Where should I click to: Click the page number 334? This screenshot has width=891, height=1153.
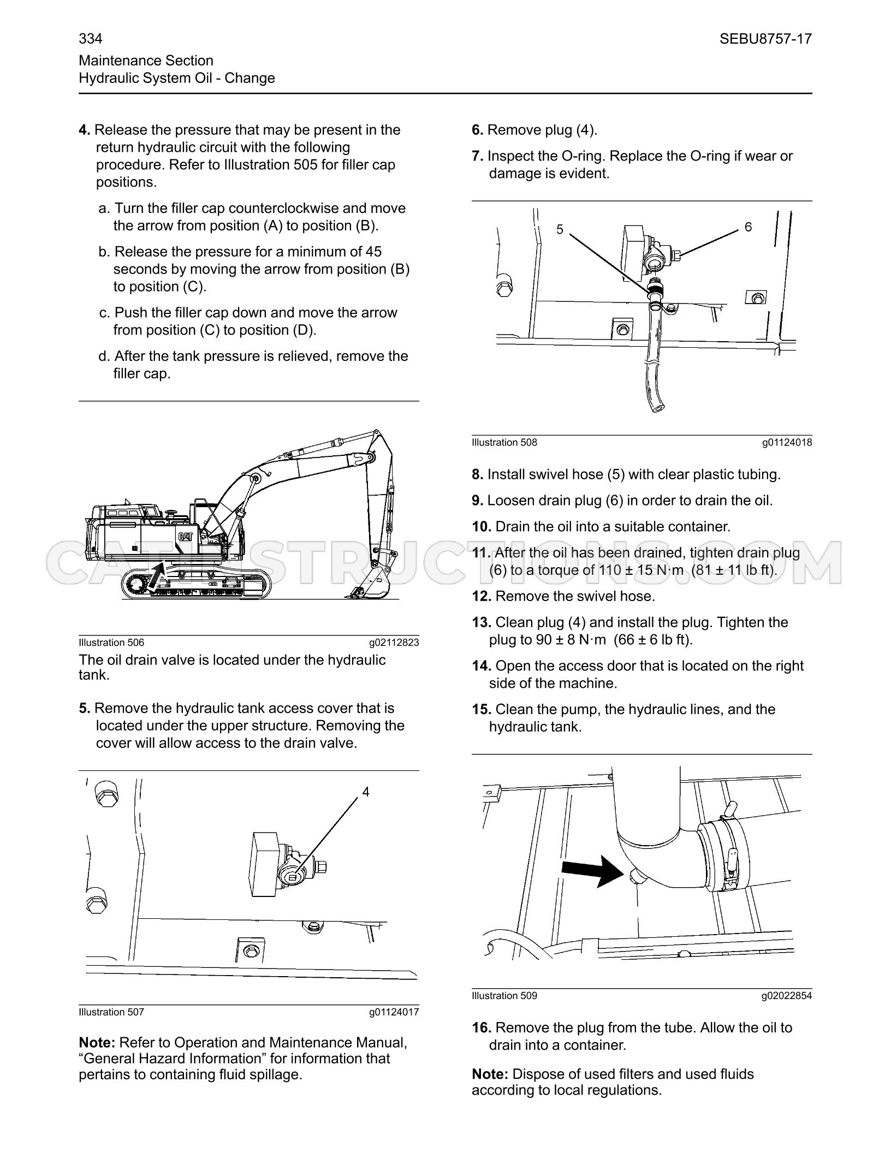[x=91, y=39]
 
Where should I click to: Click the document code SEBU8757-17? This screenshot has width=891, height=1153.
[x=765, y=39]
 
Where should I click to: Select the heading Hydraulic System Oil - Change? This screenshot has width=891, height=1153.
[x=177, y=78]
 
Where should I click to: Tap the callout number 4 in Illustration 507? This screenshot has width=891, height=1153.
[x=366, y=792]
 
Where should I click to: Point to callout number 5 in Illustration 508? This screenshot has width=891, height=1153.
[x=560, y=230]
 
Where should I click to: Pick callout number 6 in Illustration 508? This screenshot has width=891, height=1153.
[x=748, y=227]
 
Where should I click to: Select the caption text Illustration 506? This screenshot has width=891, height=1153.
[x=111, y=643]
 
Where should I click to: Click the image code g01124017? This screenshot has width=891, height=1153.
[x=394, y=1012]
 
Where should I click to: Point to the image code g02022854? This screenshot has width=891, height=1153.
[x=787, y=996]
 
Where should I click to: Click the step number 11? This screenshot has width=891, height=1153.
[x=482, y=553]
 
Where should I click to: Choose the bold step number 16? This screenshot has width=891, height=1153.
[x=482, y=1028]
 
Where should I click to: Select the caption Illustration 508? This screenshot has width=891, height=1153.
[x=504, y=443]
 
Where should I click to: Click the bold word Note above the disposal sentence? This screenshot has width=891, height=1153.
[x=490, y=1074]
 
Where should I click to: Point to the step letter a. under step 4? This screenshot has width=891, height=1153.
[x=104, y=209]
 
